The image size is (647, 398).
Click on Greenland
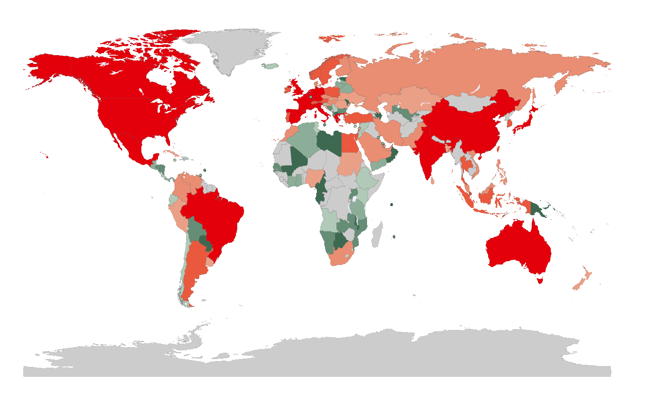tap(232, 50)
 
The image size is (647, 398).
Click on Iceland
tap(271, 66)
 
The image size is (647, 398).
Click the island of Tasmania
tap(540, 281)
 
